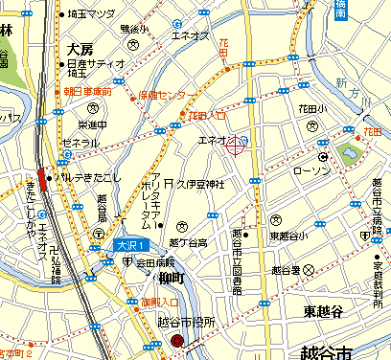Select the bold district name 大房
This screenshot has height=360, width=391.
(x=80, y=47)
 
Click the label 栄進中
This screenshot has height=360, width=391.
(x=93, y=125)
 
